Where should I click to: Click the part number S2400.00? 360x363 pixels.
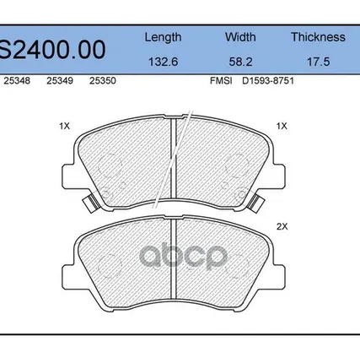tap(52, 50)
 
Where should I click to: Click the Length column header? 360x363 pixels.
tap(163, 37)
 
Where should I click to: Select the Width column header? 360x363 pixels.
tap(240, 37)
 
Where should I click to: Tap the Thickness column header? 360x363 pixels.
tap(318, 37)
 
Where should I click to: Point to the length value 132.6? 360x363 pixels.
tap(163, 62)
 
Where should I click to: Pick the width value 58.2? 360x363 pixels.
tap(240, 62)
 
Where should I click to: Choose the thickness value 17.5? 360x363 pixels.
tap(318, 62)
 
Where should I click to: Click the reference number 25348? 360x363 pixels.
tap(17, 81)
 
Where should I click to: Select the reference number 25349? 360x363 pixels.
tap(60, 81)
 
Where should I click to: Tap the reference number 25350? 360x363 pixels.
tap(103, 81)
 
